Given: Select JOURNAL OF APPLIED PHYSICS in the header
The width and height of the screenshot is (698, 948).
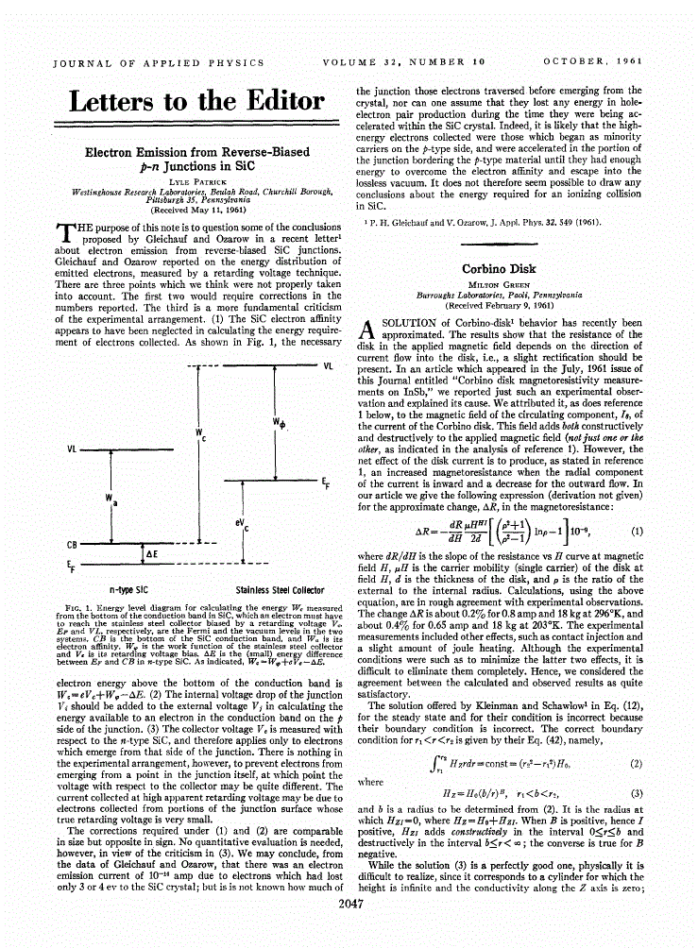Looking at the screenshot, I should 158,63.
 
